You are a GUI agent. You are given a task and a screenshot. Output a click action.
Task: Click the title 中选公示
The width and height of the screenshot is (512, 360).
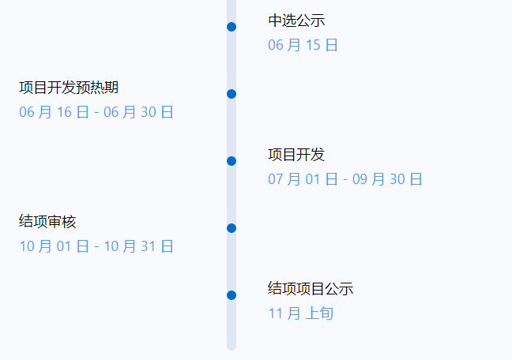(x=296, y=21)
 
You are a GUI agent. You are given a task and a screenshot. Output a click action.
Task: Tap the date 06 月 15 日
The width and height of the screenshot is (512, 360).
(x=303, y=45)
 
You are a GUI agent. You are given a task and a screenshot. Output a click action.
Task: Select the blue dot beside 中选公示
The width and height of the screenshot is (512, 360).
(x=232, y=27)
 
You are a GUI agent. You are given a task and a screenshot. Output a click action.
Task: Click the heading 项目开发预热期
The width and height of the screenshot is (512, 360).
(x=69, y=88)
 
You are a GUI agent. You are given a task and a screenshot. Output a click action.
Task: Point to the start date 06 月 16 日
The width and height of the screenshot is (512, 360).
(x=54, y=112)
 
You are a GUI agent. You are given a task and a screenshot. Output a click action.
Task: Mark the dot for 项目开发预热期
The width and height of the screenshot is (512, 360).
(x=232, y=94)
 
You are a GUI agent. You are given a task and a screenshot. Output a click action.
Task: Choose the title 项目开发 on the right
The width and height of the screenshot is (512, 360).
(x=296, y=155)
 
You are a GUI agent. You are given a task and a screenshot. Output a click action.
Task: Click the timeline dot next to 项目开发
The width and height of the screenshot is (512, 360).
(x=232, y=161)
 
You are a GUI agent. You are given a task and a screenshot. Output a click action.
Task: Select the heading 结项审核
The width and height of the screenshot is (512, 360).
(x=47, y=222)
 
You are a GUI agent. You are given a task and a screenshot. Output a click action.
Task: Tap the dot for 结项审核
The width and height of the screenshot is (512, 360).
(x=232, y=228)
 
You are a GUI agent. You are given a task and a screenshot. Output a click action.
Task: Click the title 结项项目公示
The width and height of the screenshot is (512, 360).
(x=311, y=289)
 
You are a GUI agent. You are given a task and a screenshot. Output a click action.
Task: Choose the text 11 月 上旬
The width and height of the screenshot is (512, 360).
(x=300, y=313)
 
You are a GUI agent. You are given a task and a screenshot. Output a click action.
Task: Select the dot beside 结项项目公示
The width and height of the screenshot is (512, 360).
(x=232, y=295)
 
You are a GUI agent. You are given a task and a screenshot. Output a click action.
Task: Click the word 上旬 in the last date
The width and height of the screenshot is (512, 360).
(x=319, y=313)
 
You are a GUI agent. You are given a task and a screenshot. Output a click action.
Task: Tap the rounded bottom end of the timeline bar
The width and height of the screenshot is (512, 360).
(x=232, y=345)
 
